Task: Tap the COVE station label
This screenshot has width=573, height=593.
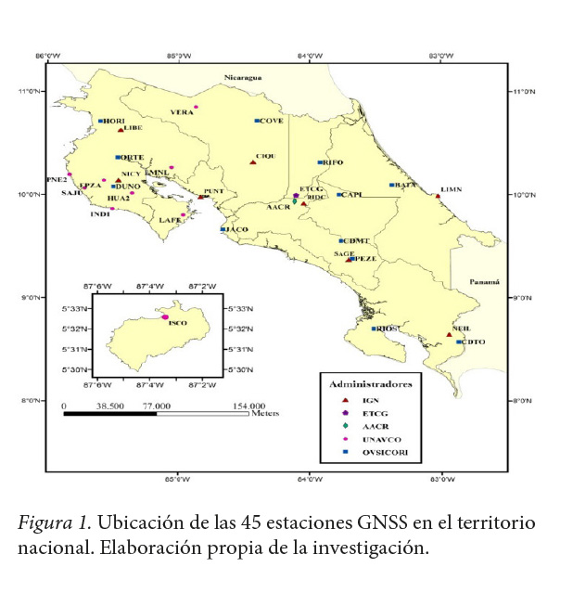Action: click(x=272, y=122)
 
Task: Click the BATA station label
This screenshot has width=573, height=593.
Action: click(x=405, y=185)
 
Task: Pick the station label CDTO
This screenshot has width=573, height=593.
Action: click(x=472, y=342)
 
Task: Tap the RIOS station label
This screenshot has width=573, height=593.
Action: click(x=387, y=329)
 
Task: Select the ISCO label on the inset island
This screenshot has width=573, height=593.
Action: click(x=179, y=322)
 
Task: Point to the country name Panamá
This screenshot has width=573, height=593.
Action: click(x=483, y=281)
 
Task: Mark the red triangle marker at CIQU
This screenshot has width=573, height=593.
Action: click(x=252, y=162)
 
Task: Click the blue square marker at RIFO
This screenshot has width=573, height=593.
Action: click(x=320, y=162)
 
